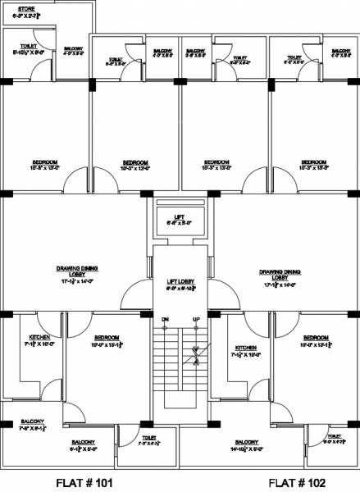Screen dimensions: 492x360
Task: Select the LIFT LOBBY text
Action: (x=179, y=281)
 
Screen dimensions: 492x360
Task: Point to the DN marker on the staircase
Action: (x=165, y=318)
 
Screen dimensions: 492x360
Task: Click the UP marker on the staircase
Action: (x=196, y=318)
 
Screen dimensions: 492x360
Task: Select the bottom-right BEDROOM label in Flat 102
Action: (x=316, y=337)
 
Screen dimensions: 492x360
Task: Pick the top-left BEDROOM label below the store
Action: (x=44, y=162)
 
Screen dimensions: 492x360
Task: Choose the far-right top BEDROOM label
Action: (x=314, y=162)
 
